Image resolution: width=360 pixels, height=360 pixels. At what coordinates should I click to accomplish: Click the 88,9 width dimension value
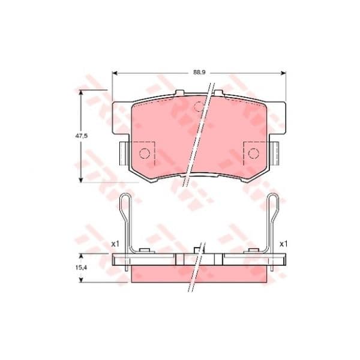coord(199,73)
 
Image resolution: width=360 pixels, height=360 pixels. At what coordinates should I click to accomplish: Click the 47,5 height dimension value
coord(82,136)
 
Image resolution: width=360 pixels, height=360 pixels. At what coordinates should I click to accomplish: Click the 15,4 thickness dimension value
coord(81,268)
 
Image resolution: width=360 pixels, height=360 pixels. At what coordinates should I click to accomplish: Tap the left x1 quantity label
coord(115,244)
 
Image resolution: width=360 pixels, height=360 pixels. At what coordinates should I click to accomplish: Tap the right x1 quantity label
coord(283,244)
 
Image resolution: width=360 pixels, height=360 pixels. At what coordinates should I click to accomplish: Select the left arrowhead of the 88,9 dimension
coord(115,73)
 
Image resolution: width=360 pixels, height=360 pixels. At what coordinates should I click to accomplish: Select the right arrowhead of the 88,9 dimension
coord(283,73)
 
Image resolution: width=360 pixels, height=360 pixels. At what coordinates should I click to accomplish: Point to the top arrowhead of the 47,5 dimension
coord(80,92)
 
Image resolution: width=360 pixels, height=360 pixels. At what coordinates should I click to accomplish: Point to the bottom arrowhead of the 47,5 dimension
coord(80,180)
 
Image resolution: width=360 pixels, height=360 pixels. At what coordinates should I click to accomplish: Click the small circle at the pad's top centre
coord(199,107)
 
